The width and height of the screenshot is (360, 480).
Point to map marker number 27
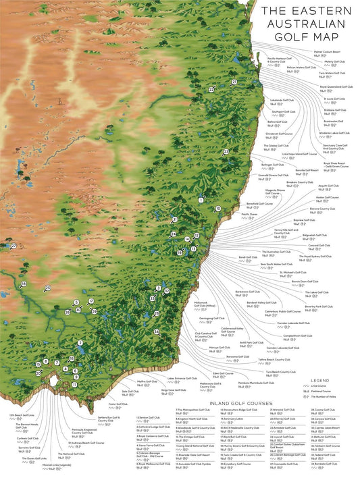(x=13, y=246)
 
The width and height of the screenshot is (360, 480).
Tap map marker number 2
(x=80, y=343)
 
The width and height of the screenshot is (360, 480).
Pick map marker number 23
(x=211, y=89)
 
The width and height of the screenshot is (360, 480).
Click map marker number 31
(x=174, y=219)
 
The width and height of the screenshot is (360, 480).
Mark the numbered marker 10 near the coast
(x=217, y=209)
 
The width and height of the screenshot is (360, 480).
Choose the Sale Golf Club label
(x=130, y=391)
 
